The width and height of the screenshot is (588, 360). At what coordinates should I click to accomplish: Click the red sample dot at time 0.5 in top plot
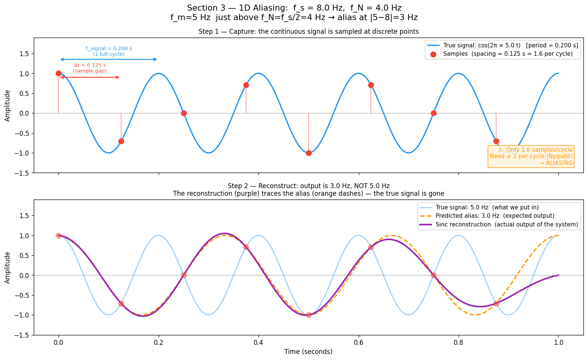[x=309, y=153]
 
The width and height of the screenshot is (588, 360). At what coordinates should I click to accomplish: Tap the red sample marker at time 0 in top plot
[x=58, y=73]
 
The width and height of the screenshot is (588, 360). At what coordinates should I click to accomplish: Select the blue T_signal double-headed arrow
[x=109, y=60]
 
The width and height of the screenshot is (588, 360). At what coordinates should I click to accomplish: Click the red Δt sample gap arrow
[x=90, y=77]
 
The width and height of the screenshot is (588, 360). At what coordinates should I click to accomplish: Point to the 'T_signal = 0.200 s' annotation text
[x=109, y=49]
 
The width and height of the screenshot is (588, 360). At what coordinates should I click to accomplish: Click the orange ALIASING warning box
[x=531, y=156]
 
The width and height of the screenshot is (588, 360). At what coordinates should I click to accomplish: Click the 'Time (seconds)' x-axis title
[x=308, y=352]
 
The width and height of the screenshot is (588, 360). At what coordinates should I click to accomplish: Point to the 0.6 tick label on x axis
[x=358, y=343]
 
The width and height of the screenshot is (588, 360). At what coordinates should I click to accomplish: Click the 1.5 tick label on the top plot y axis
[x=24, y=54]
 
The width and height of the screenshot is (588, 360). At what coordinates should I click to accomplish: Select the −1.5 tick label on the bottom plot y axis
[x=22, y=335]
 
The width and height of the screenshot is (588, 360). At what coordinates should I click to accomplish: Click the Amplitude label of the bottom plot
[x=8, y=267]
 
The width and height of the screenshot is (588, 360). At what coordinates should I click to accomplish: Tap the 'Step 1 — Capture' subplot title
[x=308, y=31]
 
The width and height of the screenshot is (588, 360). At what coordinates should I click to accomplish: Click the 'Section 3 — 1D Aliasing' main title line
[x=294, y=8]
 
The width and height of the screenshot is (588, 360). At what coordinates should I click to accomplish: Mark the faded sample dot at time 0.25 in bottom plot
[x=184, y=275]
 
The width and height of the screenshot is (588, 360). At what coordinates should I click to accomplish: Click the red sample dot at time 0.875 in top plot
[x=496, y=141]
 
